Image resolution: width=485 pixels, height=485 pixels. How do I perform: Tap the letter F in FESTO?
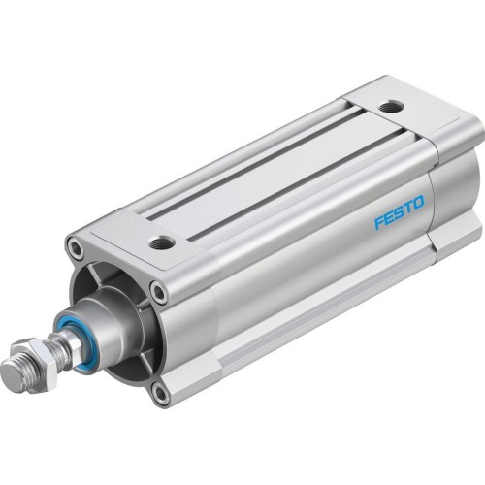tap(380, 224)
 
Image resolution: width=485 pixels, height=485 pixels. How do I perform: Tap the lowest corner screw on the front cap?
tap(160, 393)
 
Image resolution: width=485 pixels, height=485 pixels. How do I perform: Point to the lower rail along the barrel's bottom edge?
tap(320, 310)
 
